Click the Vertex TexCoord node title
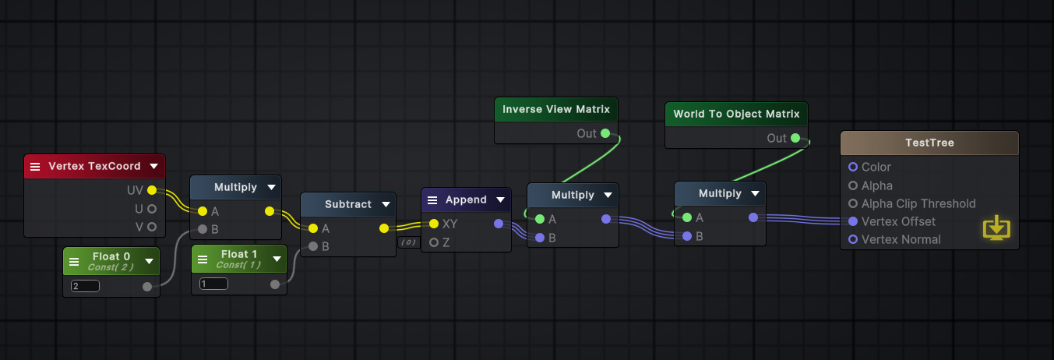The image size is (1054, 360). pyautogui.click(x=94, y=166)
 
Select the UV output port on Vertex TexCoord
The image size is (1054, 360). pyautogui.click(x=152, y=190)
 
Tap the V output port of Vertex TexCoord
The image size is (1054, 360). pyautogui.click(x=152, y=227)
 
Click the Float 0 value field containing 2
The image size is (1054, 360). pyautogui.click(x=85, y=286)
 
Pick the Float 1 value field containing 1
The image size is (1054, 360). pyautogui.click(x=213, y=284)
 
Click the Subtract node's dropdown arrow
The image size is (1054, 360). pyautogui.click(x=383, y=204)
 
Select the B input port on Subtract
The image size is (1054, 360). pyautogui.click(x=313, y=246)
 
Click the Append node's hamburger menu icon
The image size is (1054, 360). pyautogui.click(x=432, y=200)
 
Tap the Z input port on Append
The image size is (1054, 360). pyautogui.click(x=434, y=242)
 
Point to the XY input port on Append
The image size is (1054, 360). pyautogui.click(x=434, y=224)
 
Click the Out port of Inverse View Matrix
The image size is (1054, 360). pyautogui.click(x=605, y=134)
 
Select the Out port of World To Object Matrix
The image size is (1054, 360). pyautogui.click(x=795, y=138)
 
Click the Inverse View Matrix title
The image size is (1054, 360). pyautogui.click(x=556, y=109)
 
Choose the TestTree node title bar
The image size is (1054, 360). pyautogui.click(x=929, y=143)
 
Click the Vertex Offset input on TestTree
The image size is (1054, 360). pyautogui.click(x=853, y=221)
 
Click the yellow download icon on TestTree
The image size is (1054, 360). pyautogui.click(x=996, y=228)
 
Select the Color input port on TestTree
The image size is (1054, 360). pyautogui.click(x=853, y=167)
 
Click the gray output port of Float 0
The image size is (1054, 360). pyautogui.click(x=147, y=287)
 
